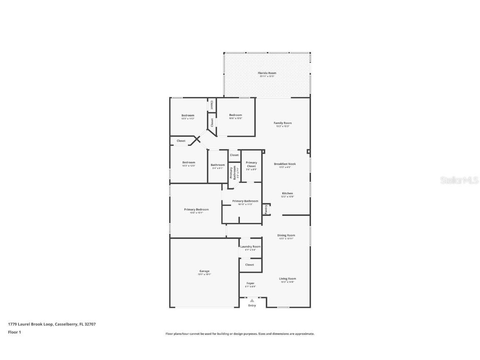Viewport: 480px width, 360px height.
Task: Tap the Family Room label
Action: tap(282, 123)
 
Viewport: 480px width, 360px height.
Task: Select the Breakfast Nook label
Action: tap(285, 164)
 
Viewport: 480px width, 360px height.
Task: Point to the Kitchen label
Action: tap(287, 193)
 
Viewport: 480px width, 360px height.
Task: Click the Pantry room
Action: tap(266, 209)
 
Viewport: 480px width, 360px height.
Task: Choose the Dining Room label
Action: tap(286, 235)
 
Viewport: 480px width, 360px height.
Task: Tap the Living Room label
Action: tap(287, 279)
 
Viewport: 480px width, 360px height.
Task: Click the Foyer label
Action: tap(250, 283)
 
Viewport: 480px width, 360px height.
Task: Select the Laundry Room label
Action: tap(250, 247)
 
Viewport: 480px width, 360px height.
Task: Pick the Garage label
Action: tap(204, 271)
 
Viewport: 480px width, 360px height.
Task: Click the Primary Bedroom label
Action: tap(196, 210)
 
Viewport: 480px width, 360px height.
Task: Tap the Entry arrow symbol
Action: tap(252, 300)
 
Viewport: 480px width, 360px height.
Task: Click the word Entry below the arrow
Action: tap(252, 305)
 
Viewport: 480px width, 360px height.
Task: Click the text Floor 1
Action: tap(14, 332)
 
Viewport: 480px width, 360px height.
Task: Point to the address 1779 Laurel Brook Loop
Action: tap(30, 324)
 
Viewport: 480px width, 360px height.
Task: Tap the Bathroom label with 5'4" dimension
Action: tap(217, 165)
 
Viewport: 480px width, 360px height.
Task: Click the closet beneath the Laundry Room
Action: tap(250, 265)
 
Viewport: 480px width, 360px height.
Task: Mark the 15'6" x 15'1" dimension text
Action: tap(196, 213)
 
